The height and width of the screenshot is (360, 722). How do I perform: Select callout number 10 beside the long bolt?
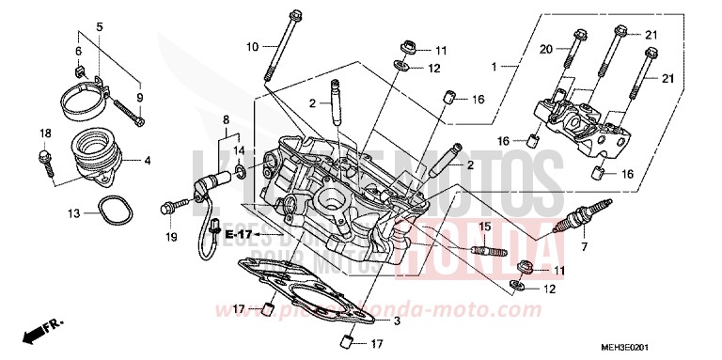tap(252, 46)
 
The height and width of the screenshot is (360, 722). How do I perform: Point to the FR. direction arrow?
tap(46, 331)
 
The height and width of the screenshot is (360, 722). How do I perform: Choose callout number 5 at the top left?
tap(102, 27)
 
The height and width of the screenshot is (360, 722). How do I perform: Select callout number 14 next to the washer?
tap(240, 150)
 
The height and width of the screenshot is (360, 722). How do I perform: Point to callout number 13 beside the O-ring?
tap(72, 213)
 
